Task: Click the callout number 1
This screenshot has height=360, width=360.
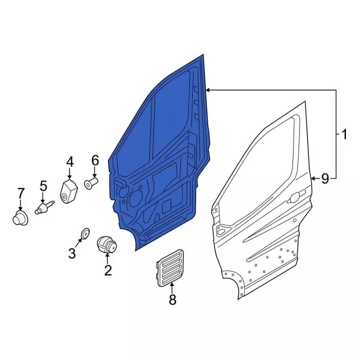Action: click(343, 134)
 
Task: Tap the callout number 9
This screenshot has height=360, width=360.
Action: click(325, 179)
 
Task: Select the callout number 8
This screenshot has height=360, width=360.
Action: click(172, 299)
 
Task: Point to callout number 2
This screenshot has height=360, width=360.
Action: click(107, 271)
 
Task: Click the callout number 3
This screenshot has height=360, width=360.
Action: click(72, 254)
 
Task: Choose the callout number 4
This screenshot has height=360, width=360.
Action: click(70, 163)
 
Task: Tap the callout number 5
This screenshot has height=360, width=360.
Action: click(43, 186)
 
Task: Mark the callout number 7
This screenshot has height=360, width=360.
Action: click(20, 194)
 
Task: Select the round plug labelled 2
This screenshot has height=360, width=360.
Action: click(106, 245)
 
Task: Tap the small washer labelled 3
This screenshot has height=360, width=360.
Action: click(85, 232)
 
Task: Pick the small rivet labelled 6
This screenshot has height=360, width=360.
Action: click(91, 183)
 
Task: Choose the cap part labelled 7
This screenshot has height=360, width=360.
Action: click(20, 218)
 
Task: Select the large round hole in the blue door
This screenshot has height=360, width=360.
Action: click(136, 197)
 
